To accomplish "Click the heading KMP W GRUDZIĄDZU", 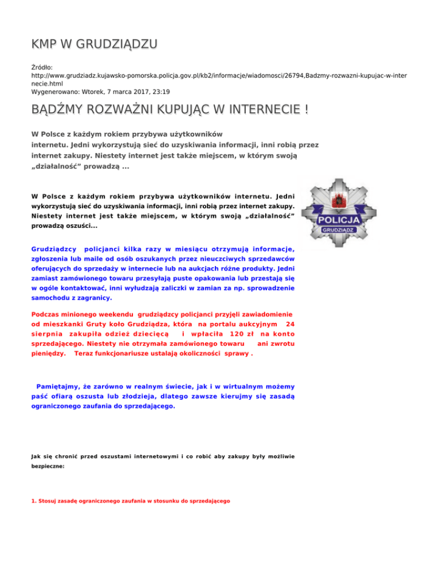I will click(94, 45).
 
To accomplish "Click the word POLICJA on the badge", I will click(339, 221).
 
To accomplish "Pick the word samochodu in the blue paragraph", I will click(50, 298).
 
